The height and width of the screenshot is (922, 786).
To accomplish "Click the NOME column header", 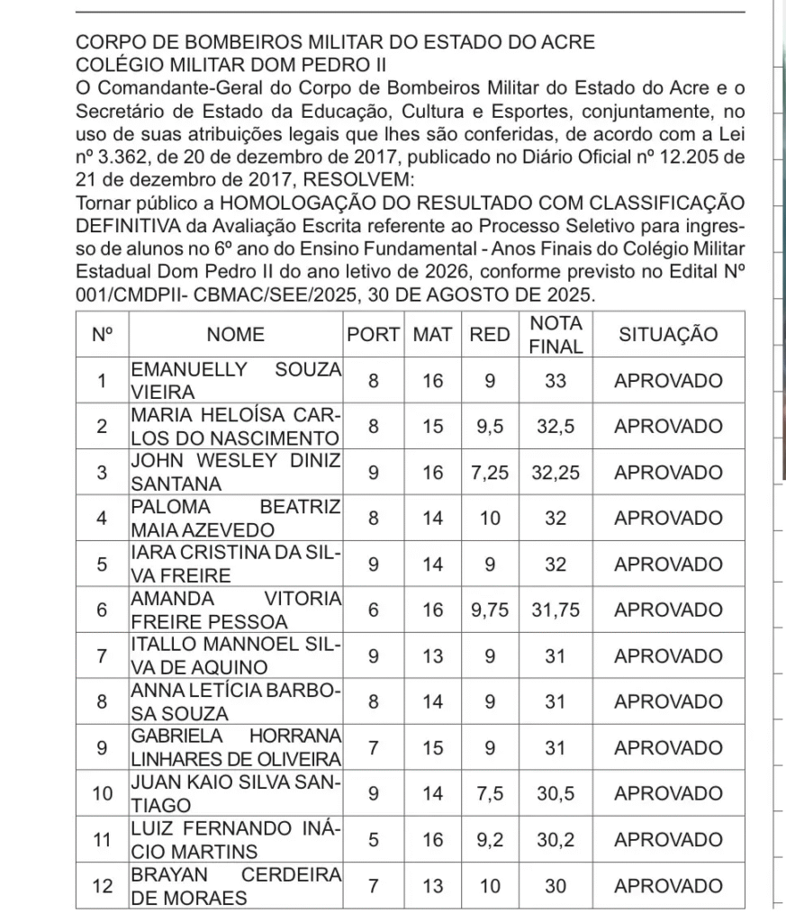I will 235,335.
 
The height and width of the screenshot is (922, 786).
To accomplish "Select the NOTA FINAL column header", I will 556,335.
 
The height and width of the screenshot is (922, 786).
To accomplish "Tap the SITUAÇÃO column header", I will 668,335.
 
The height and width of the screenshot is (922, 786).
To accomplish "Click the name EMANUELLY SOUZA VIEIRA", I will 235,381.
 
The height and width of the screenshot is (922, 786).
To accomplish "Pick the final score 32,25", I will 556,473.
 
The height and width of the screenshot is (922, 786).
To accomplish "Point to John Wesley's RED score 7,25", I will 490,473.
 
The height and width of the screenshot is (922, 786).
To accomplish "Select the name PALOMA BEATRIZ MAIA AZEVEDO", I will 235,519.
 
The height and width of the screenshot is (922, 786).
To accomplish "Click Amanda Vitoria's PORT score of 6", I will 373,610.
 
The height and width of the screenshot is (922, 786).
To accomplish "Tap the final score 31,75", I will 556,610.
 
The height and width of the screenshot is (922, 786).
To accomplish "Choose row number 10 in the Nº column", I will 103,794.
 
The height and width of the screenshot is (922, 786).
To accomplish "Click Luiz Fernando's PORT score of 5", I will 373,840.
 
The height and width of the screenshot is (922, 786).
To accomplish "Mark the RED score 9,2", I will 490,840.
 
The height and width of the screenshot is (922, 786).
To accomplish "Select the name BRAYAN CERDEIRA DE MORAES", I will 235,886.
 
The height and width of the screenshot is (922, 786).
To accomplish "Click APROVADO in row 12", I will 668,886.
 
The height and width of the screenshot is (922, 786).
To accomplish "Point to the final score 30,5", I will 556,794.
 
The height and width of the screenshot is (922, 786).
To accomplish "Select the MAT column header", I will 432,335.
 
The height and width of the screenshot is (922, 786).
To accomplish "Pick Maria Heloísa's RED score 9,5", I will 490,427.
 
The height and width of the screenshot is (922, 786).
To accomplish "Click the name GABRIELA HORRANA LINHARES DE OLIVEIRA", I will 235,748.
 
